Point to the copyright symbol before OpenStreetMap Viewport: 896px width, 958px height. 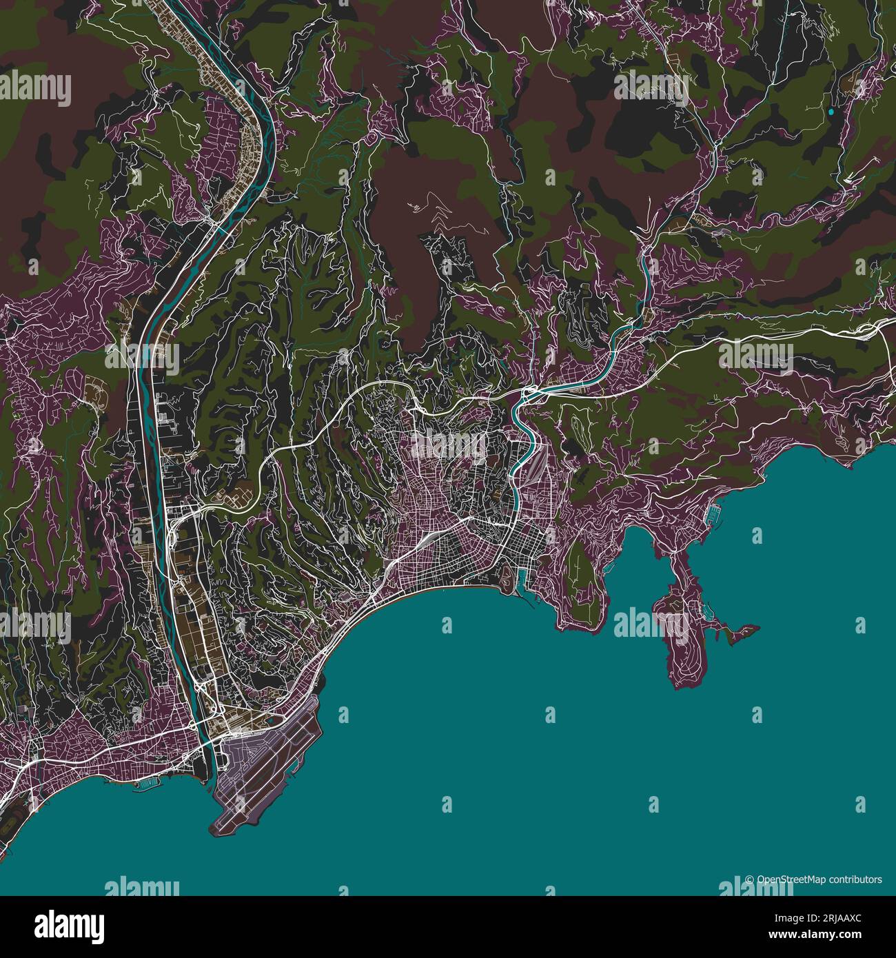[750, 879]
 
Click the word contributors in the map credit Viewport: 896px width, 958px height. [855, 879]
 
